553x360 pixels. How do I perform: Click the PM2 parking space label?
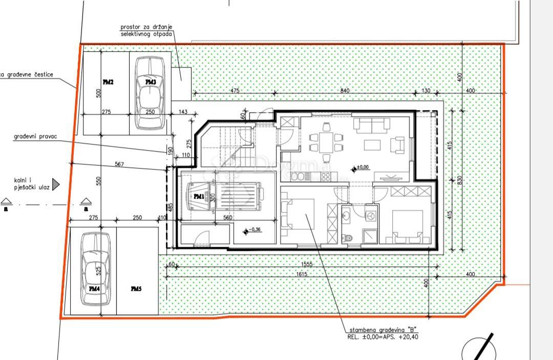click(108, 82)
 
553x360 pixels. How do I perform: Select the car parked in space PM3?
click(150, 93)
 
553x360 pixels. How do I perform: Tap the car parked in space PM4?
click(95, 269)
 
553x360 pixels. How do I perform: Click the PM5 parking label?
click(136, 289)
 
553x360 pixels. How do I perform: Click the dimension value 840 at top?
click(345, 91)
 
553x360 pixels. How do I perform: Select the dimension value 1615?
click(302, 274)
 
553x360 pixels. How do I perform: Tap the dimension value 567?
click(119, 164)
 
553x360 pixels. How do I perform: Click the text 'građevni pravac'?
click(35, 137)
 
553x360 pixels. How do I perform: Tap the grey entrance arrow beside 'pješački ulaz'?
click(56, 184)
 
